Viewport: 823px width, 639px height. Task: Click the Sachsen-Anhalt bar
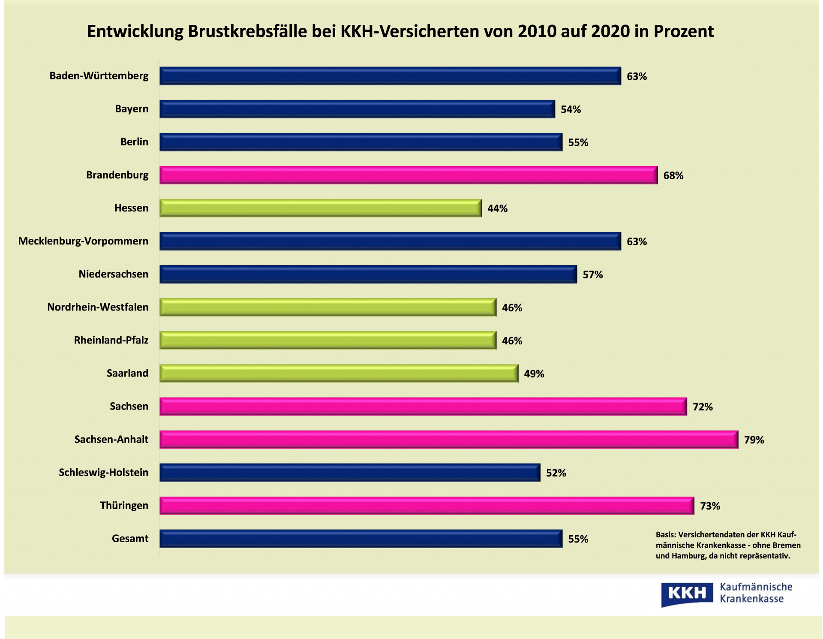(x=448, y=440)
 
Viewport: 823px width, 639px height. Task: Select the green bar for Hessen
(x=320, y=208)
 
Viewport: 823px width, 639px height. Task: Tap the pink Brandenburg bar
(x=408, y=175)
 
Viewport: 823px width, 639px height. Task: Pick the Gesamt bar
(x=360, y=539)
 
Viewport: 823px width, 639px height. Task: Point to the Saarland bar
(x=339, y=373)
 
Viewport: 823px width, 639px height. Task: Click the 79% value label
(x=754, y=440)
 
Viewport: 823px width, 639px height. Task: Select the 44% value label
(x=497, y=208)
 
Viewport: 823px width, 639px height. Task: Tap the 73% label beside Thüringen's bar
(x=710, y=506)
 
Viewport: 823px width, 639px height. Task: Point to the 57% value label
(x=592, y=274)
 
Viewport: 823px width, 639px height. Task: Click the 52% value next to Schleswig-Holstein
(x=556, y=473)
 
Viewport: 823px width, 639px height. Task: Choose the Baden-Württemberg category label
(x=99, y=76)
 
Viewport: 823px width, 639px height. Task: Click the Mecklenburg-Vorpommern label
(x=83, y=241)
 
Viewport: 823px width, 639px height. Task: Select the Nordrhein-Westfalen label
(x=98, y=307)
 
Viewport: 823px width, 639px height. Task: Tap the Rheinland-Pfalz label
(x=111, y=340)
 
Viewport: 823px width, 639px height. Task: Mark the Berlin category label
(x=134, y=142)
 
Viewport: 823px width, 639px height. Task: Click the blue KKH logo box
(x=687, y=594)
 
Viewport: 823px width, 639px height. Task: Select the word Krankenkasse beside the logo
(x=751, y=599)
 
